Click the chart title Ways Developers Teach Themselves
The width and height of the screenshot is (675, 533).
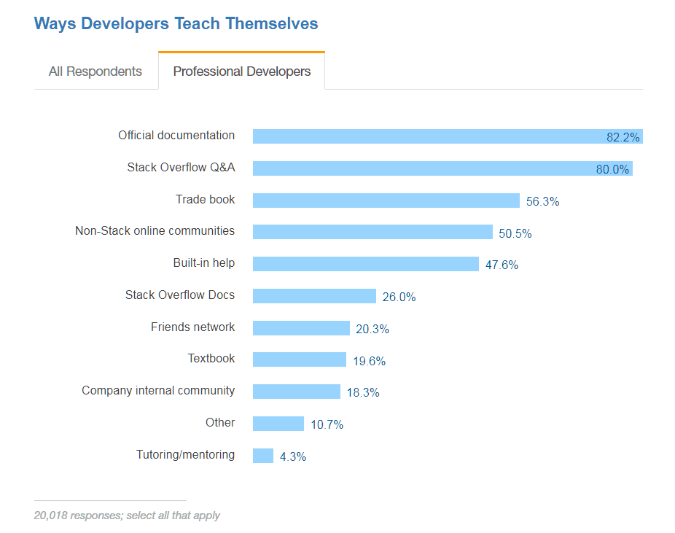pyautogui.click(x=176, y=23)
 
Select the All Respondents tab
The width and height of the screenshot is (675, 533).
pyautogui.click(x=95, y=71)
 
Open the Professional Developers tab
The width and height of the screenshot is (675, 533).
pyautogui.click(x=241, y=71)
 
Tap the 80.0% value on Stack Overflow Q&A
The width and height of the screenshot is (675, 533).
pyautogui.click(x=612, y=169)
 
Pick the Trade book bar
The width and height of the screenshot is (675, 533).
pyautogui.click(x=386, y=201)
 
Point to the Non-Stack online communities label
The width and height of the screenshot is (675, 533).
pyautogui.click(x=155, y=231)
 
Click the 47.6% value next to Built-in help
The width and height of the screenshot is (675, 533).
pyautogui.click(x=502, y=265)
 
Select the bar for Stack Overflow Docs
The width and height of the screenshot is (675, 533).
pyautogui.click(x=314, y=296)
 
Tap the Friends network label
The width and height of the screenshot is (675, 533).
pyautogui.click(x=192, y=327)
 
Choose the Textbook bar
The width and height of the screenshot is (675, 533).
pyautogui.click(x=299, y=359)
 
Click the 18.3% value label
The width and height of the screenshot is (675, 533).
pyautogui.click(x=362, y=392)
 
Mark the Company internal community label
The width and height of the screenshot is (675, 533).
pyautogui.click(x=158, y=391)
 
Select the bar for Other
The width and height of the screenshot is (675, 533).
pyautogui.click(x=278, y=424)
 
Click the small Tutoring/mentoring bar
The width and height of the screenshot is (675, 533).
pyautogui.click(x=262, y=456)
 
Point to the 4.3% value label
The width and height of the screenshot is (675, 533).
pyautogui.click(x=293, y=457)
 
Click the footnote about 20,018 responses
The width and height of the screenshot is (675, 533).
pyautogui.click(x=127, y=516)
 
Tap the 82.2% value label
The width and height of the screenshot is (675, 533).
pyautogui.click(x=623, y=137)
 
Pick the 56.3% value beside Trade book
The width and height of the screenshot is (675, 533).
pyautogui.click(x=542, y=202)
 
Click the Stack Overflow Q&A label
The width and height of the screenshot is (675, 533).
pyautogui.click(x=181, y=168)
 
